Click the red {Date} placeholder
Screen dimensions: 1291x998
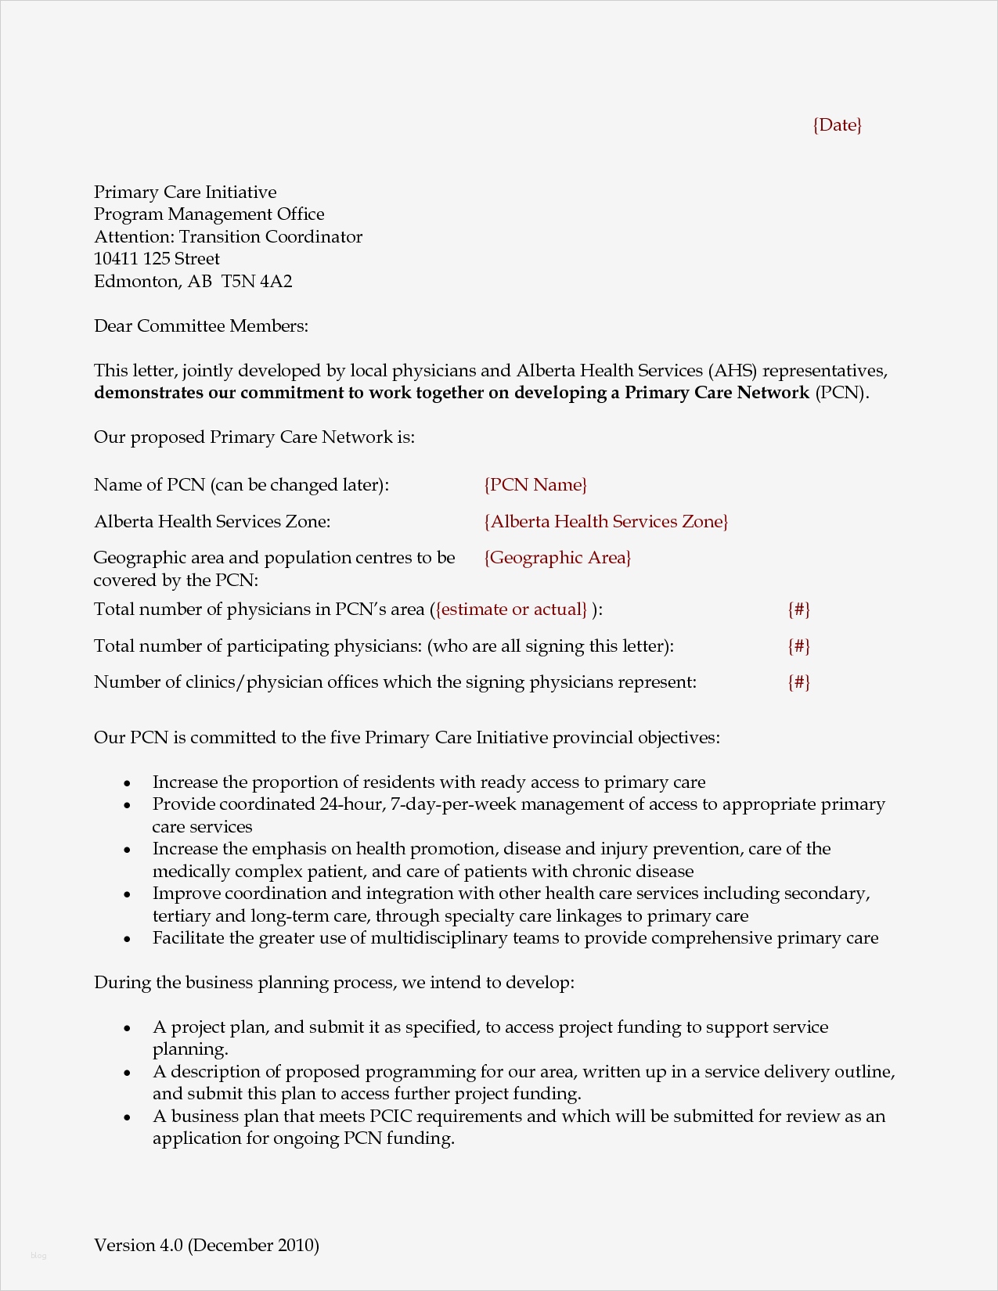pos(837,125)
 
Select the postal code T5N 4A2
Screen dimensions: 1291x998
pos(257,282)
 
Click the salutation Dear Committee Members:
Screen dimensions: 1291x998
pos(201,326)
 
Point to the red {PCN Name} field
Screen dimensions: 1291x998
pos(535,485)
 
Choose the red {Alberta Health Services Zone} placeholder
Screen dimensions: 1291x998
pos(606,522)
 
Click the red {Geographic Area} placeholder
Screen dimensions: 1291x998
pos(557,558)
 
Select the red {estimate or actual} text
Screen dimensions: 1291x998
pos(512,610)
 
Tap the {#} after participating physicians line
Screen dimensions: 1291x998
pos(798,646)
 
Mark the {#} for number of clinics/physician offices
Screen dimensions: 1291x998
pos(798,682)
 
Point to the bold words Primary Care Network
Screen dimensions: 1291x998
pos(716,393)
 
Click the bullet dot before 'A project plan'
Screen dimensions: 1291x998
pos(128,1028)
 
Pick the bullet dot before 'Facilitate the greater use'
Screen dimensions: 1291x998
pos(128,939)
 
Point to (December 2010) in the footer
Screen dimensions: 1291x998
pos(254,1245)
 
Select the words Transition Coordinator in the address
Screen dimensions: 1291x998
pos(271,237)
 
